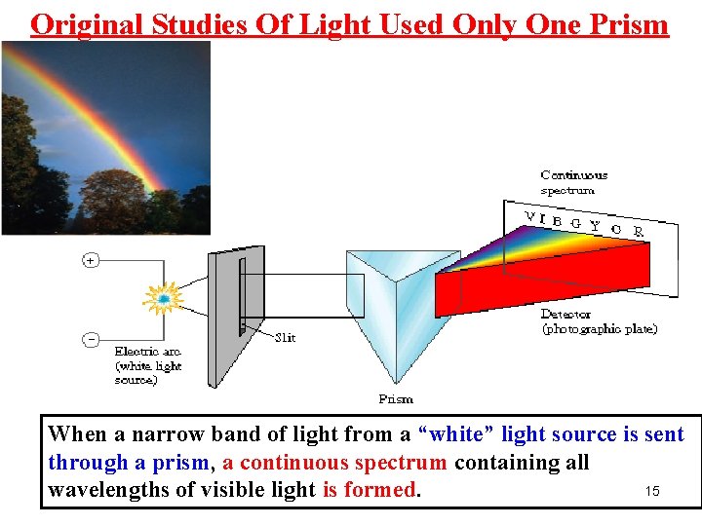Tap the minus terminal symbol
click(90, 339)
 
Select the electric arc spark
click(164, 298)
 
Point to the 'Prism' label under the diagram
click(396, 398)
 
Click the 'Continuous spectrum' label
click(573, 182)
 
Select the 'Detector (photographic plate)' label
click(599, 321)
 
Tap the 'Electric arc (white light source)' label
click(148, 365)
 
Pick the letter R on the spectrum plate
click(638, 232)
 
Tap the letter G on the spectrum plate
click(576, 224)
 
